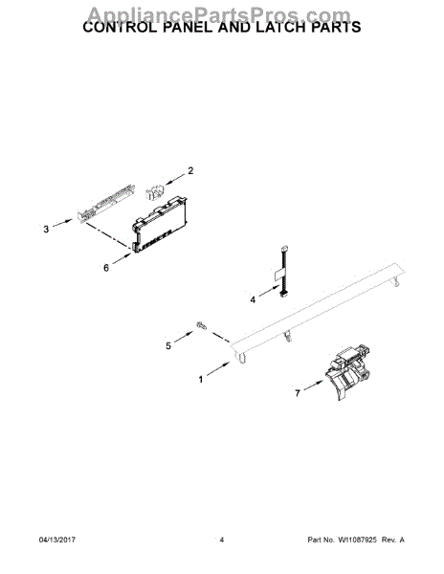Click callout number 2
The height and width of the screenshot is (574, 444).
coord(189,171)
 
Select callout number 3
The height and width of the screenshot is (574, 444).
coord(45,230)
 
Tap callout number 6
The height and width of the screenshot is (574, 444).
coord(106,269)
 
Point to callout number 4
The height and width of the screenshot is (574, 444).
coord(253,299)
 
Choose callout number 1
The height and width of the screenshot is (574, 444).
coord(201,380)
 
